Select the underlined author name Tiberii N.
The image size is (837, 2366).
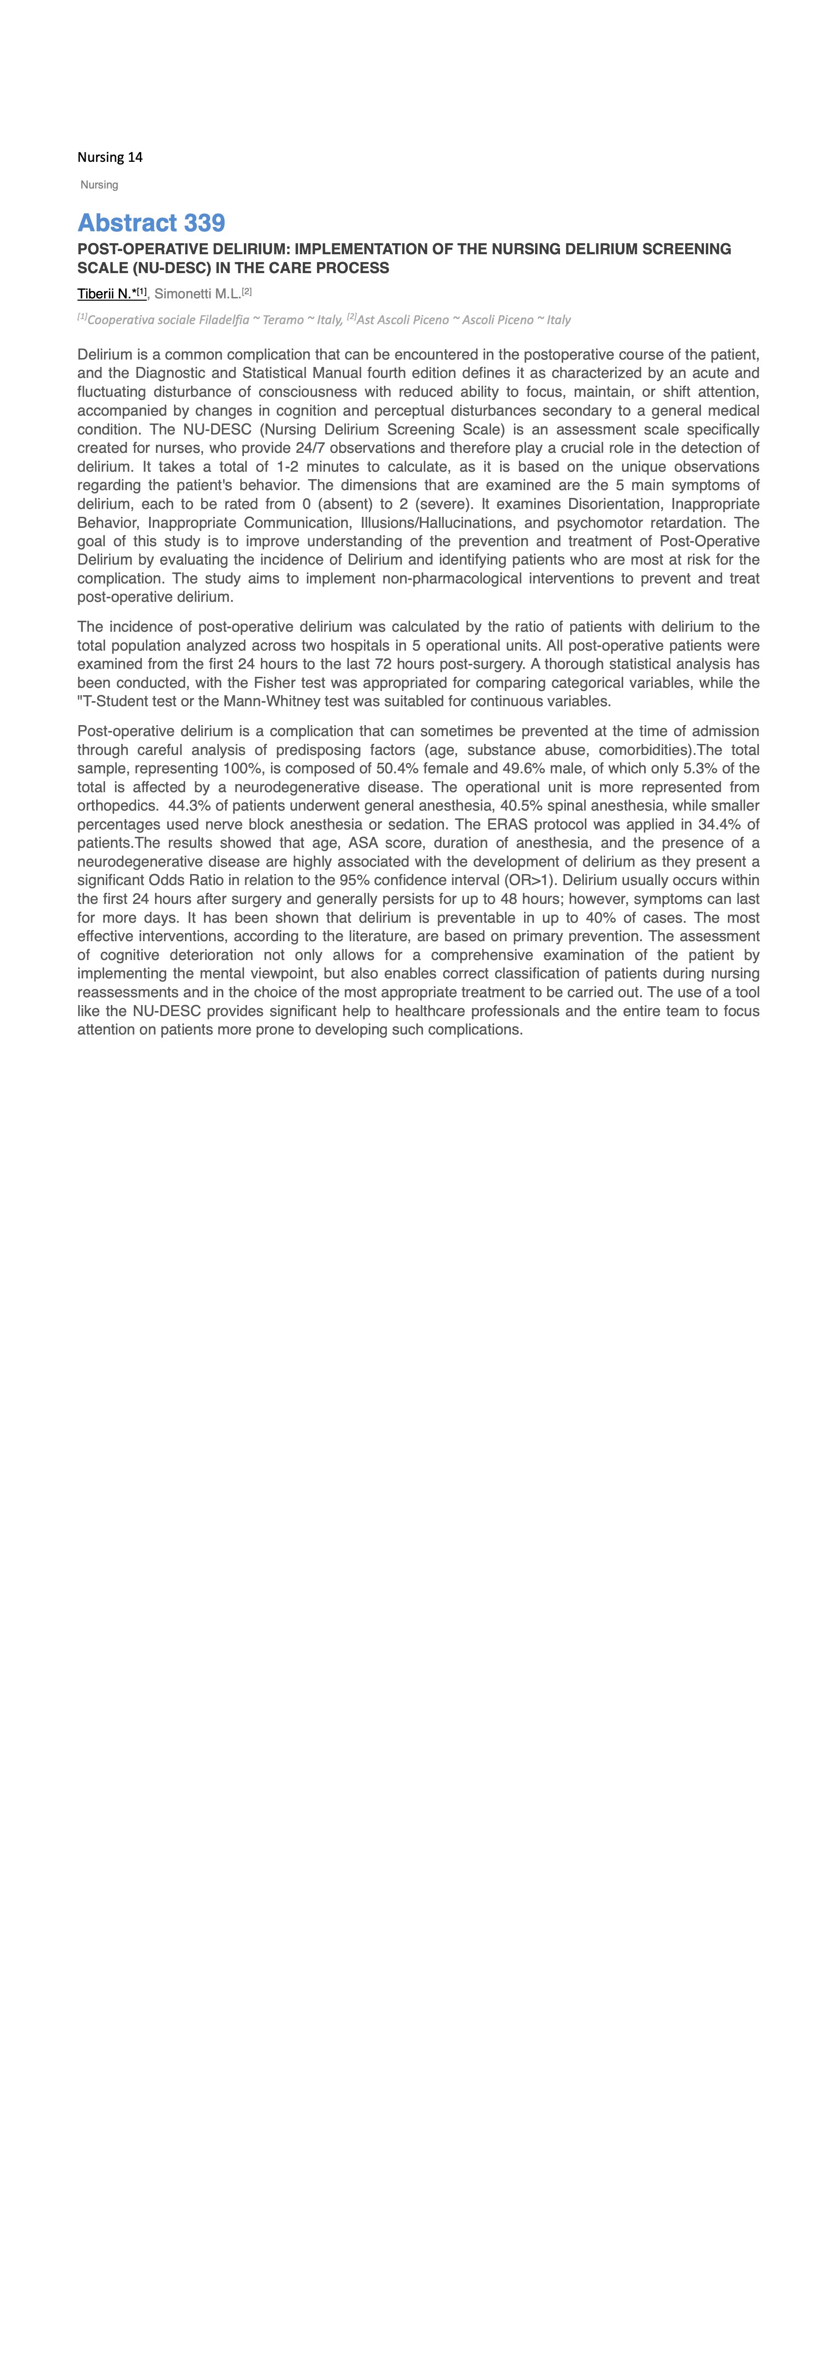[107, 294]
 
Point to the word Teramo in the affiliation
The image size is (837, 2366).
[283, 320]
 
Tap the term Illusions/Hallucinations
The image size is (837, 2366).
[436, 523]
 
